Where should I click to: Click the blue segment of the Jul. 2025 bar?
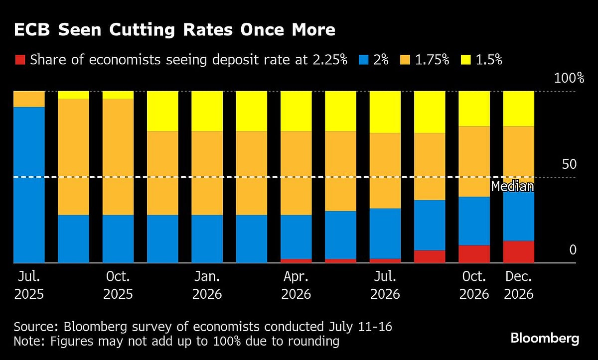pos(29,184)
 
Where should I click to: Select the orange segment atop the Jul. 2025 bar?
pos(29,99)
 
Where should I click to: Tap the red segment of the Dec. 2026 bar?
pos(518,252)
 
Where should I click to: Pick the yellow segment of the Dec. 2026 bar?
pos(518,109)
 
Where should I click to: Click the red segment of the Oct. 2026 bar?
pos(474,254)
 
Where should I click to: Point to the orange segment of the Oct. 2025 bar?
pos(118,157)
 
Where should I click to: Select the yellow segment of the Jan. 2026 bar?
pos(207,111)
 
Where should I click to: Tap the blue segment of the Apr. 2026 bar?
pos(296,237)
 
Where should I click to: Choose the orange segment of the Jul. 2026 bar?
pos(385,170)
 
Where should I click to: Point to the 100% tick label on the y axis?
pos(568,78)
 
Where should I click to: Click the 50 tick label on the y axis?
pos(569,164)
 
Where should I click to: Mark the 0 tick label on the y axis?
pos(573,249)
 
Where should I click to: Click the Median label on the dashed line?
pos(512,187)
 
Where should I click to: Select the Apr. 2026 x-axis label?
pos(296,285)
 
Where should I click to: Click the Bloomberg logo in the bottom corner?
pos(545,339)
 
